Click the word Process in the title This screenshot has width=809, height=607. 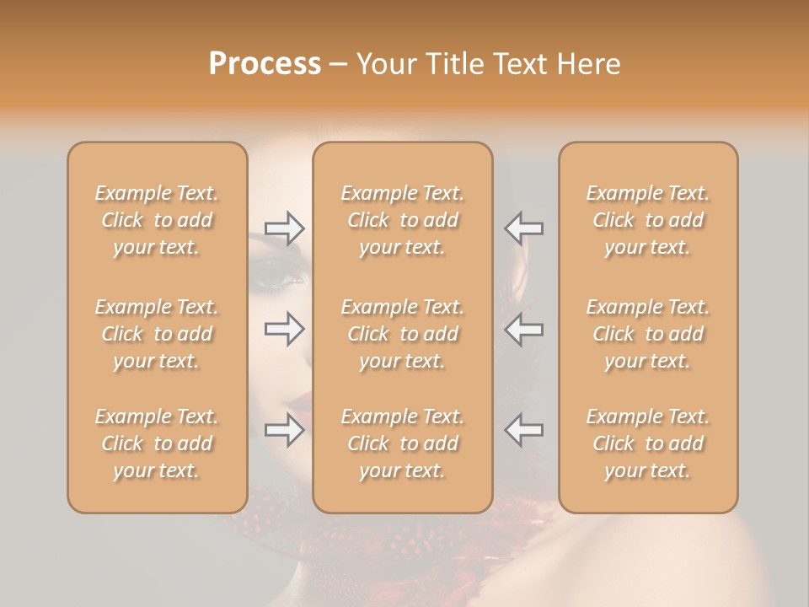[265, 64]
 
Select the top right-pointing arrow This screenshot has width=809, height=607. [285, 228]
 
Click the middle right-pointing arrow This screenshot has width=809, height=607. [285, 329]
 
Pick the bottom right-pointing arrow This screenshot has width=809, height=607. [285, 431]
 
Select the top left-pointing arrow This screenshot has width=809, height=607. [523, 228]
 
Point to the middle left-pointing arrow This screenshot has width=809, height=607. [523, 329]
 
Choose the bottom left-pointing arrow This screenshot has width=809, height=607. [523, 431]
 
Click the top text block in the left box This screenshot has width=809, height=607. [157, 220]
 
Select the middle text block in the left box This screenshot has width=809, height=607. [157, 334]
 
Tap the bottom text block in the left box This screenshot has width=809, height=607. [157, 443]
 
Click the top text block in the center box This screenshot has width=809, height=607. [402, 220]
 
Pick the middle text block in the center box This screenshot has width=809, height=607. [402, 334]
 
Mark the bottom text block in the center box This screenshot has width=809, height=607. [402, 443]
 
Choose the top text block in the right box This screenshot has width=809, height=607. [648, 220]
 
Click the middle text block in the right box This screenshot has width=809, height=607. [648, 334]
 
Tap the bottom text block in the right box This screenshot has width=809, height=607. [648, 443]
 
